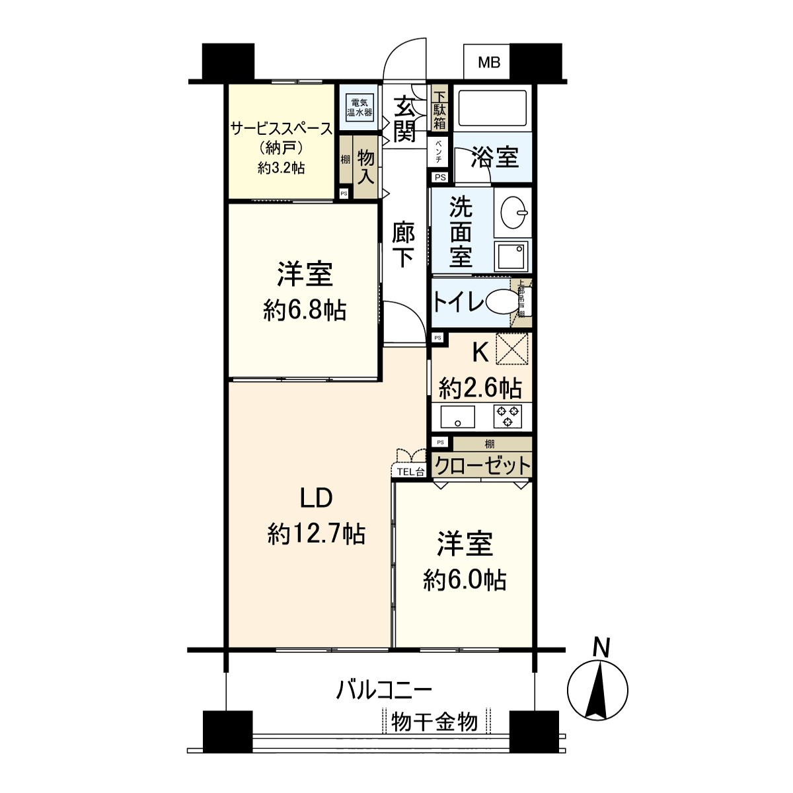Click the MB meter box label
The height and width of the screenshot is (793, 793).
pos(489,63)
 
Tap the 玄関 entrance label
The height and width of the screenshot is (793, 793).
pos(404,119)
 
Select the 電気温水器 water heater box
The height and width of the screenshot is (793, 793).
pos(360,107)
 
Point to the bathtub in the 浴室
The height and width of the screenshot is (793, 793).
pos(493,107)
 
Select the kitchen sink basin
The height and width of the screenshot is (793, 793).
pos(458,416)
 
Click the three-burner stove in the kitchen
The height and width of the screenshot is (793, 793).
pos(508,416)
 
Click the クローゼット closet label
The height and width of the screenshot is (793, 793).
pos(482,465)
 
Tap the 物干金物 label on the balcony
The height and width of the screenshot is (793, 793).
pos(435,722)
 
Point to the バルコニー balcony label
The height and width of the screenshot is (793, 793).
pos(383,691)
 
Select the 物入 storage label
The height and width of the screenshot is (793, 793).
pos(366,167)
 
